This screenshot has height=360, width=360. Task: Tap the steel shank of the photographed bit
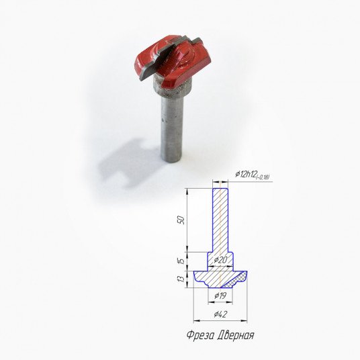pyautogui.click(x=172, y=128)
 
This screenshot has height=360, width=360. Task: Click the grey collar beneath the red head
pyautogui.click(x=172, y=87)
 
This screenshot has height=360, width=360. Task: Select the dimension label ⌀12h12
pyautogui.click(x=246, y=175)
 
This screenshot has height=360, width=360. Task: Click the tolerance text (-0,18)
pyautogui.click(x=263, y=177)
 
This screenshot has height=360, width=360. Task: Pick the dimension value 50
pyautogui.click(x=181, y=220)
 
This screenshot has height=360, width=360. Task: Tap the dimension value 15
pyautogui.click(x=181, y=261)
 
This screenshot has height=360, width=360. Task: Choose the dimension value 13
pyautogui.click(x=181, y=279)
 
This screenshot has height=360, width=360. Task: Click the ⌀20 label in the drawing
pyautogui.click(x=220, y=260)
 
